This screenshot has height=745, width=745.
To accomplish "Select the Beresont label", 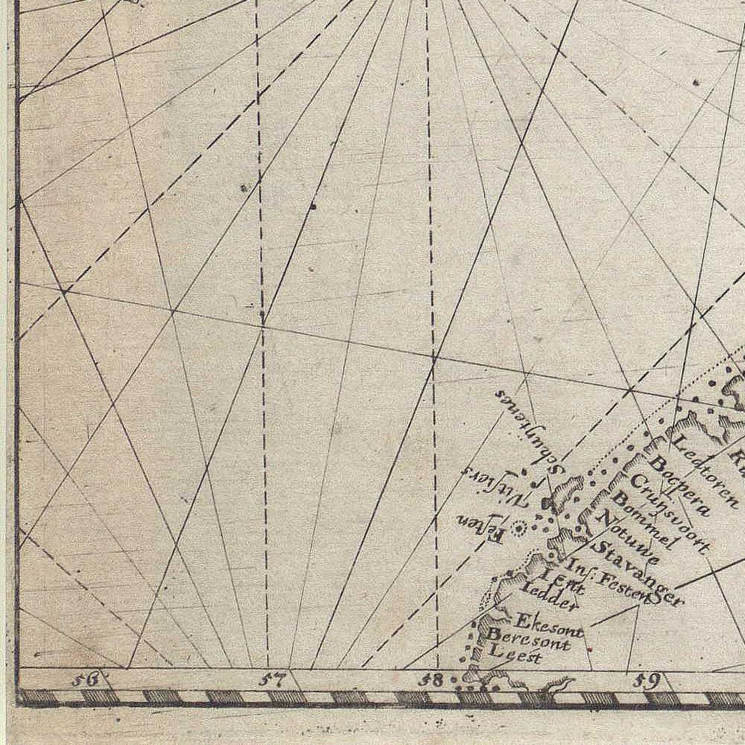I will (529, 639).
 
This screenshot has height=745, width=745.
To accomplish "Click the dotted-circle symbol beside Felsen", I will (518, 529).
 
